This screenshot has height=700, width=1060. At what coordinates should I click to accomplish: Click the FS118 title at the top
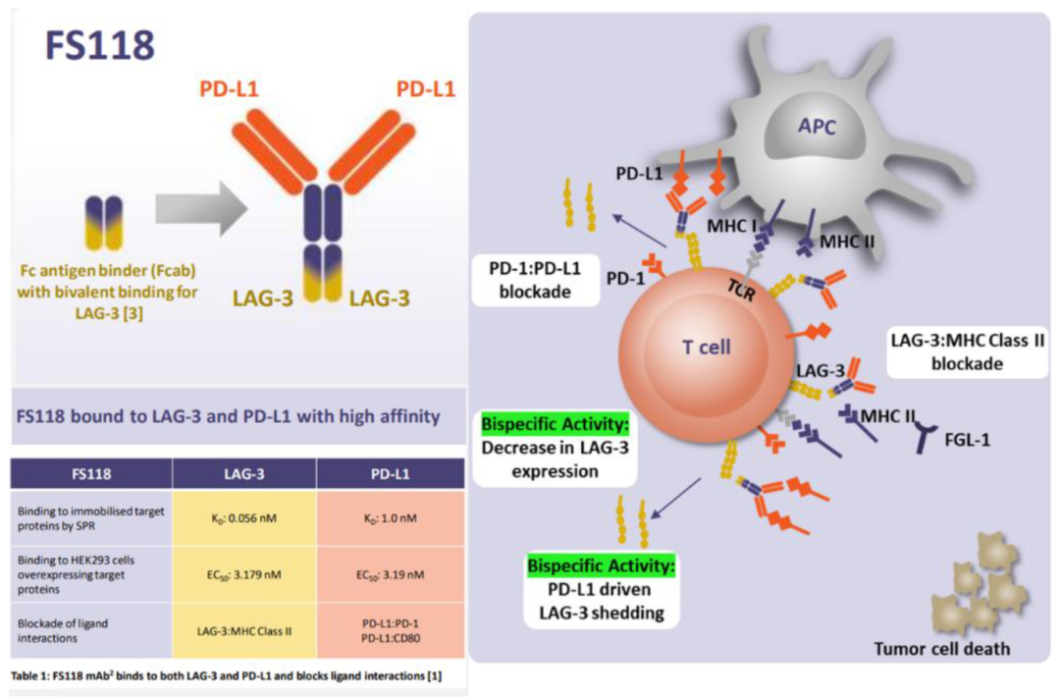(x=99, y=44)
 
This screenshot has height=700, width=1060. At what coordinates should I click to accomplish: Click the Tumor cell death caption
(x=943, y=648)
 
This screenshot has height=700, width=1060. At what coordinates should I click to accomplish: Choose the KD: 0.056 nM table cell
(x=243, y=516)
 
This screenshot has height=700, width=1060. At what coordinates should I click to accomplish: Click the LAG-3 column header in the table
(x=243, y=473)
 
